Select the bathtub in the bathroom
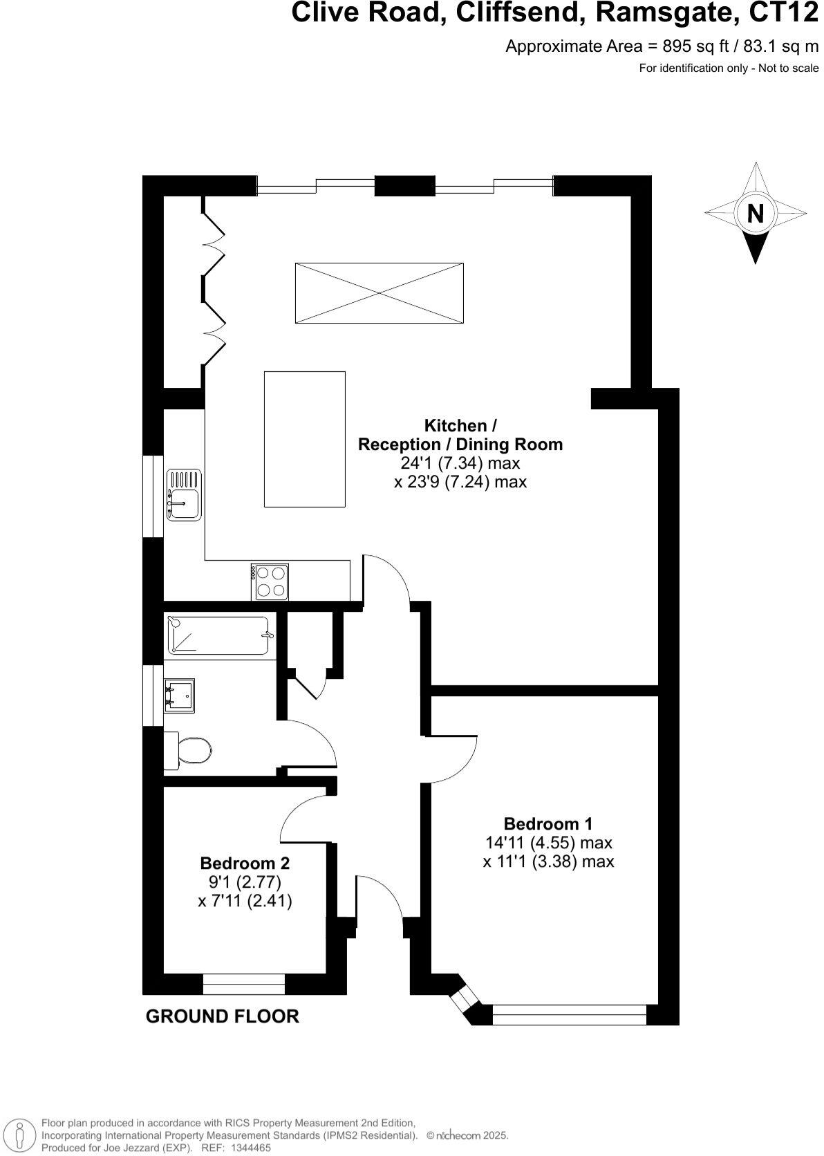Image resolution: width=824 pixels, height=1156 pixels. pyautogui.click(x=219, y=635)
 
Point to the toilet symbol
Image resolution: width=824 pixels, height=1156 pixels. pyautogui.click(x=188, y=750)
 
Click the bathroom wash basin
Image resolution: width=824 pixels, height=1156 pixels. pyautogui.click(x=179, y=695)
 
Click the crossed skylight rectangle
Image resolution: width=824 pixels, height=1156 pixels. pyautogui.click(x=379, y=292)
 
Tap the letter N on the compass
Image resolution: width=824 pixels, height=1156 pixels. pyautogui.click(x=756, y=214)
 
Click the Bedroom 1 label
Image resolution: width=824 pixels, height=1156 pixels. pyautogui.click(x=548, y=823)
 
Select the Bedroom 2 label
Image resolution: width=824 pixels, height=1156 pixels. pyautogui.click(x=245, y=863)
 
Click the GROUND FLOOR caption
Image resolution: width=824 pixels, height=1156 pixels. pyautogui.click(x=222, y=1016)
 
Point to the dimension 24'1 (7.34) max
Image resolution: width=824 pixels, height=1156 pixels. pyautogui.click(x=460, y=463)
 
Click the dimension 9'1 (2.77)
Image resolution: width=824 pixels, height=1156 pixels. pyautogui.click(x=245, y=882)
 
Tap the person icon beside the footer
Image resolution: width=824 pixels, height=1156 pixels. pyautogui.click(x=20, y=1134)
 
